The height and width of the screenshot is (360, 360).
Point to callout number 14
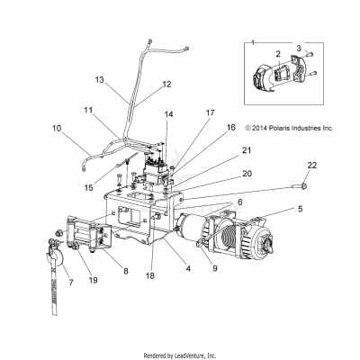coord(169,114)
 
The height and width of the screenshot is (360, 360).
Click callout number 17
coord(211,113)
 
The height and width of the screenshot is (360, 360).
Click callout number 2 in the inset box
coord(278,54)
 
